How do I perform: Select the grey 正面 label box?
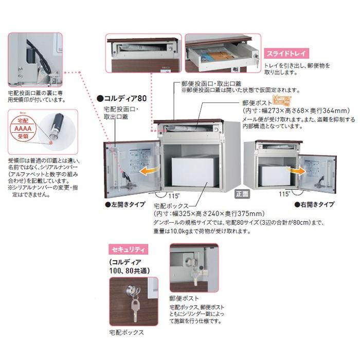point(242,194)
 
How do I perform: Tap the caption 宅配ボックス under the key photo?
point(127,332)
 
